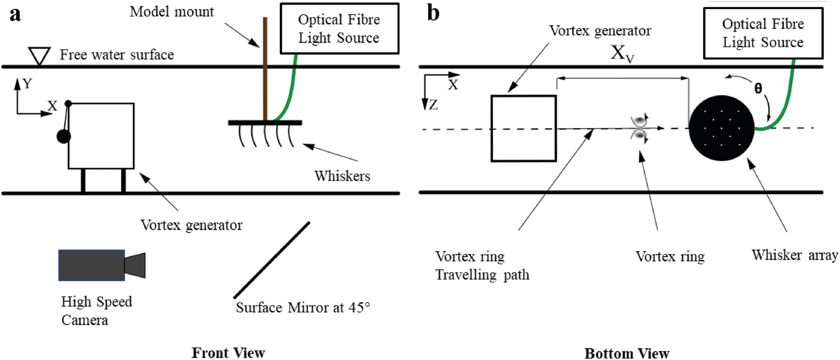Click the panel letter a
[15, 14]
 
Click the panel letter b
[433, 13]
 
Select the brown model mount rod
[265, 71]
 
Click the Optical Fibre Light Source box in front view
[339, 28]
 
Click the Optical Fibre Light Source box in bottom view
[762, 33]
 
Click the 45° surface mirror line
[271, 260]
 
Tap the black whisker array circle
[721, 128]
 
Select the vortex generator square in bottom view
[524, 129]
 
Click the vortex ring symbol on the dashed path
[639, 128]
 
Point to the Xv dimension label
[621, 53]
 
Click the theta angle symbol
[758, 88]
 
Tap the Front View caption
[228, 352]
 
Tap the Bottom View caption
[627, 353]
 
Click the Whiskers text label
[342, 176]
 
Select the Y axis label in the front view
[27, 84]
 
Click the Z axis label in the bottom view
[433, 105]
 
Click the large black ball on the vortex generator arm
[64, 137]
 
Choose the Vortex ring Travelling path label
[481, 265]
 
